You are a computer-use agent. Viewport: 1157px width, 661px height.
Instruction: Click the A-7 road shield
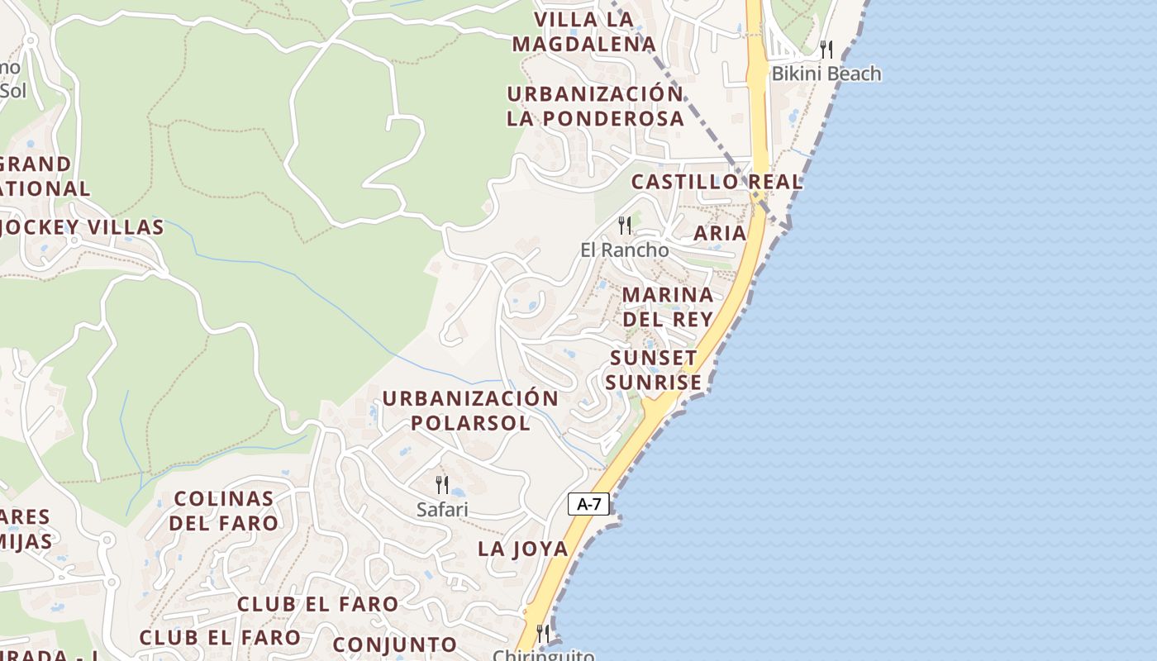tap(588, 504)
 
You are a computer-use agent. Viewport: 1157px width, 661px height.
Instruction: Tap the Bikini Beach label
tap(826, 74)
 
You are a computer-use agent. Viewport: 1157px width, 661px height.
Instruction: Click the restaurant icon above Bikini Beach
tap(826, 50)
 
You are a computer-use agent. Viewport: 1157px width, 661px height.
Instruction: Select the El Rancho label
tap(624, 250)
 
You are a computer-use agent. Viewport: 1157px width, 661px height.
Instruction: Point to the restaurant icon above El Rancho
tap(625, 225)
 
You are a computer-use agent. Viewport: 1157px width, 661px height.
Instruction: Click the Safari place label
tap(442, 510)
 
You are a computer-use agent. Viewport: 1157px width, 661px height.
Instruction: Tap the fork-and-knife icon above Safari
tap(442, 485)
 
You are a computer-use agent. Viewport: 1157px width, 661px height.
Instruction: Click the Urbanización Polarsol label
tap(470, 411)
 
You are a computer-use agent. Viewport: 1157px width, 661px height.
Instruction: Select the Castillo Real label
tap(717, 182)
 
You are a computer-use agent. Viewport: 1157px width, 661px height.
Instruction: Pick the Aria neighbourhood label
tap(719, 233)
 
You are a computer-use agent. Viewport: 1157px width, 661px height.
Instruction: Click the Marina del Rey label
tap(668, 307)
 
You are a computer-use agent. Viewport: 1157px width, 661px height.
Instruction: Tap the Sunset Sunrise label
tap(653, 370)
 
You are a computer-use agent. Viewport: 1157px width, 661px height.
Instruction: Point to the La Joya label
tap(523, 549)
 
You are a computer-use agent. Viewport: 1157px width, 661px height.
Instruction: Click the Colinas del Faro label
tap(223, 511)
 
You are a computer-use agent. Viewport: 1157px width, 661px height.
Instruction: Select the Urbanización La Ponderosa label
tap(595, 106)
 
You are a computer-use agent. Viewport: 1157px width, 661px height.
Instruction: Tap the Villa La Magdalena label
tap(583, 31)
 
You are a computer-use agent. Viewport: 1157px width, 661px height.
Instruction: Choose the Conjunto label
tap(394, 644)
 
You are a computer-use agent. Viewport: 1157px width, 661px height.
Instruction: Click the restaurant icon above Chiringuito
tap(543, 634)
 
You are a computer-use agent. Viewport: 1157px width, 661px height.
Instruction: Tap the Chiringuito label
tap(543, 655)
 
